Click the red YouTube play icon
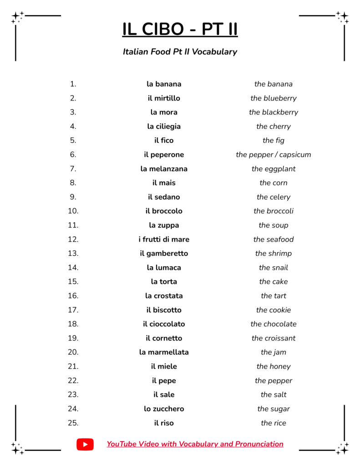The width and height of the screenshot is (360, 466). [x=85, y=444]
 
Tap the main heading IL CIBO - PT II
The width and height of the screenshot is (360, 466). [x=180, y=29]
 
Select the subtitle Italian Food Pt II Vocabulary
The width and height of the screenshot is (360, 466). [x=180, y=51]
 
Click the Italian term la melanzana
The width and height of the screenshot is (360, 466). [x=164, y=169]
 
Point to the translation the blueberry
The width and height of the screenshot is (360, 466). [x=273, y=98]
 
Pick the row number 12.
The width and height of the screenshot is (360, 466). [x=73, y=239]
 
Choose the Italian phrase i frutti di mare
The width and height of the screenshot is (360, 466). [x=164, y=239]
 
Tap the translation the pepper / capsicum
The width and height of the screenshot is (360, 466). [x=273, y=155]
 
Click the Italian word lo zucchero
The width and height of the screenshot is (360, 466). [x=164, y=409]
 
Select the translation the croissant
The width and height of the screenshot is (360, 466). [x=273, y=338]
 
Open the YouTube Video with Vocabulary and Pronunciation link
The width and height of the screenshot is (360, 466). [x=195, y=444]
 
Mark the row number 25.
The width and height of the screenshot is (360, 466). [x=73, y=423]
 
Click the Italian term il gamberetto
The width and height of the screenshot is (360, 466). [x=164, y=253]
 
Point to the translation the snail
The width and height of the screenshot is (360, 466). [x=273, y=268]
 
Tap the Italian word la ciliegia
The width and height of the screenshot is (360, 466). [x=164, y=127]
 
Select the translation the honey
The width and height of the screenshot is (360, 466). [x=273, y=366]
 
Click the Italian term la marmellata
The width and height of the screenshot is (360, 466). [x=164, y=352]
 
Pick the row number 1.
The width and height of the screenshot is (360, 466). [x=73, y=84]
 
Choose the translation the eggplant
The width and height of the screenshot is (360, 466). [x=273, y=169]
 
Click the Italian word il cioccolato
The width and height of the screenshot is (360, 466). [x=164, y=324]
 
